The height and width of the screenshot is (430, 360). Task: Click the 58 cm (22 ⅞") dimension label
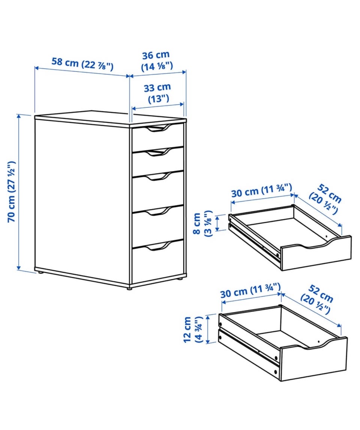(82, 64)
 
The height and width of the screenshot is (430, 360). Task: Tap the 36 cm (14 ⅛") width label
(156, 61)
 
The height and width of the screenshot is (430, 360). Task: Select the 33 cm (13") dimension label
(157, 93)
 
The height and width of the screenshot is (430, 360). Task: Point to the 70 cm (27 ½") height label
(11, 192)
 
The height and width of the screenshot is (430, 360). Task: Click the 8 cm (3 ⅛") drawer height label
(202, 224)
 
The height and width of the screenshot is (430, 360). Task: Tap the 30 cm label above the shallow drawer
(261, 190)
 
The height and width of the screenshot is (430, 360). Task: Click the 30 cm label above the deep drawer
(250, 291)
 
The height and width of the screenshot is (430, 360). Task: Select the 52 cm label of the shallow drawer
(325, 200)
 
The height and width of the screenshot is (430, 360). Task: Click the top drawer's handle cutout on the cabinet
(158, 128)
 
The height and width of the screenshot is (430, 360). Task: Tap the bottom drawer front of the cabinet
(158, 262)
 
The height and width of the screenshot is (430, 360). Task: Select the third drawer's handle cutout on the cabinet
(158, 176)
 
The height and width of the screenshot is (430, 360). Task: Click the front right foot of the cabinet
(129, 288)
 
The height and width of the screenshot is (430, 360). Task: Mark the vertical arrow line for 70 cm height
(19, 192)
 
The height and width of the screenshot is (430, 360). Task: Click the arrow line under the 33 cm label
(158, 106)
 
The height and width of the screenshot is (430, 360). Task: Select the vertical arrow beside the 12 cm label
(208, 329)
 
